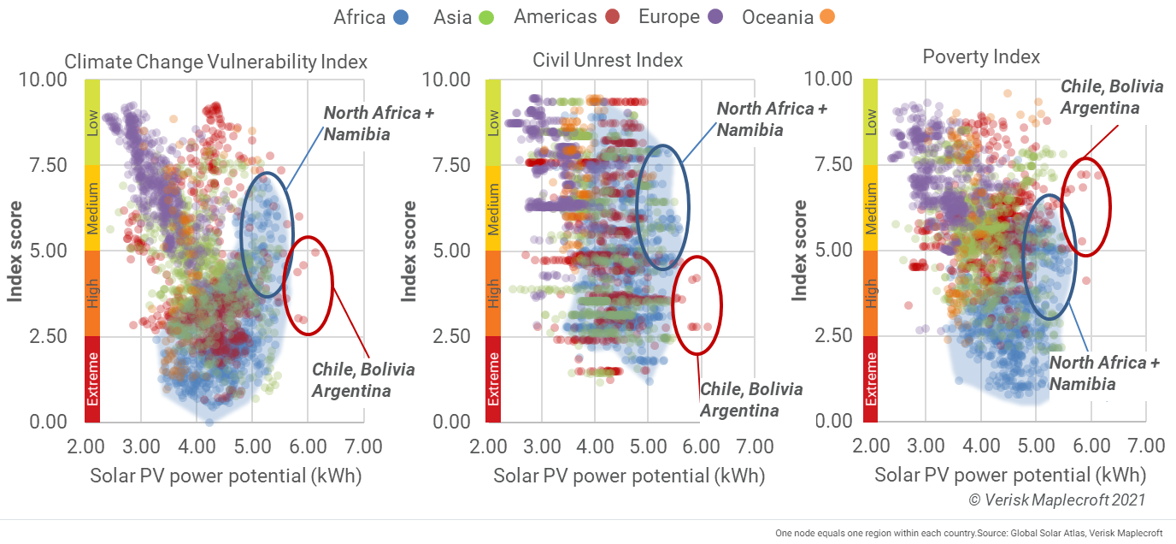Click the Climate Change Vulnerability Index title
[216, 62]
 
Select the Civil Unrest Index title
[608, 60]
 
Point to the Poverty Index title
[981, 57]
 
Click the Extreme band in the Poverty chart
[871, 378]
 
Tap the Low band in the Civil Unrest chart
[493, 122]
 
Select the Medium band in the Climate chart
[92, 208]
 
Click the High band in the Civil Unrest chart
[493, 293]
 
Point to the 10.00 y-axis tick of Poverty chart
[828, 80]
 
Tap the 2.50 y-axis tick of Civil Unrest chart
[448, 336]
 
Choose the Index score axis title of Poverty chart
[799, 251]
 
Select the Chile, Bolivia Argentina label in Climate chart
[363, 380]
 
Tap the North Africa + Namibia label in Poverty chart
[1103, 373]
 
